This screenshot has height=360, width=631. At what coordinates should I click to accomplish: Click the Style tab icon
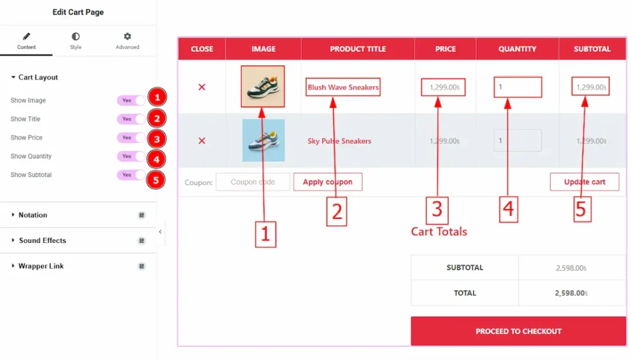tap(75, 36)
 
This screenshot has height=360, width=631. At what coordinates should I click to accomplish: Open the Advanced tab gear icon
tap(127, 36)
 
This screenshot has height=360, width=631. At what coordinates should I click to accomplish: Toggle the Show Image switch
tap(131, 100)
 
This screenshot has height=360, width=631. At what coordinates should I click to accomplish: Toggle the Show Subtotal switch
tap(131, 175)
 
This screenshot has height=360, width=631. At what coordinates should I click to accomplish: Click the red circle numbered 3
tap(157, 139)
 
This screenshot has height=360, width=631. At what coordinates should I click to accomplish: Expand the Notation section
tap(33, 215)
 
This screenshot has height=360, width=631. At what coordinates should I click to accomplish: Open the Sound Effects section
tap(43, 240)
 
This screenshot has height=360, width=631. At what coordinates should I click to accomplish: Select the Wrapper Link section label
tap(41, 266)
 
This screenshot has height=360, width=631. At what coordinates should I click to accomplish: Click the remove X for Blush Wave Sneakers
tap(202, 87)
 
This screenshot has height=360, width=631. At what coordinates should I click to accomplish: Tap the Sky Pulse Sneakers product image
tap(264, 141)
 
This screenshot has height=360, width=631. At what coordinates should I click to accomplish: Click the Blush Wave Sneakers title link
tap(343, 87)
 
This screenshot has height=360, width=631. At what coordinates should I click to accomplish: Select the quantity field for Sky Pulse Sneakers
tap(518, 141)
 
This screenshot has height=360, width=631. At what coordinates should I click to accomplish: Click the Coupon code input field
tap(253, 182)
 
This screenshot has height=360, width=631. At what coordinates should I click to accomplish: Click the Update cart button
tap(584, 182)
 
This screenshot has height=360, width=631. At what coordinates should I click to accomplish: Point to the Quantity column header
tap(517, 49)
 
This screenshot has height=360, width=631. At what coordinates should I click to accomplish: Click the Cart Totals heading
tap(439, 232)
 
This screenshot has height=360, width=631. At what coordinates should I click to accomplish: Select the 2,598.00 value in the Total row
tap(571, 293)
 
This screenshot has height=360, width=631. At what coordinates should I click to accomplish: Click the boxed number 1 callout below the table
tap(265, 234)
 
